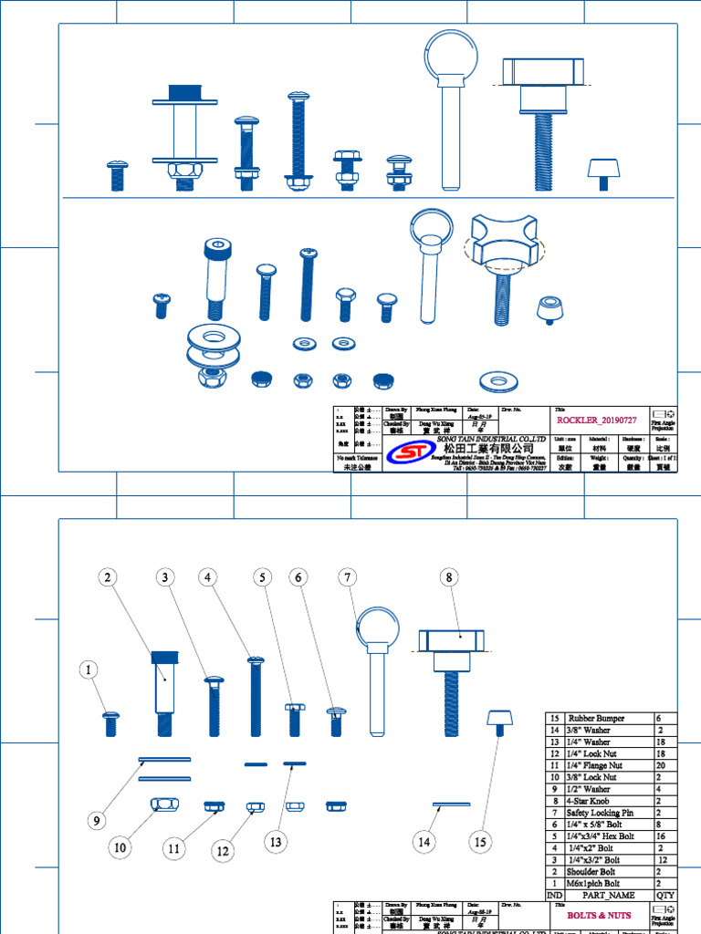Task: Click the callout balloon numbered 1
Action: click(x=89, y=670)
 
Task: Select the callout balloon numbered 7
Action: click(x=346, y=577)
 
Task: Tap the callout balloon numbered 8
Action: click(x=448, y=577)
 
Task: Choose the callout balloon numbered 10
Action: click(x=119, y=847)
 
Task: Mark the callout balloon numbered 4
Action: click(x=209, y=577)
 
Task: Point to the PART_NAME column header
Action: click(x=602, y=896)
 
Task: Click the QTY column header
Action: click(x=665, y=896)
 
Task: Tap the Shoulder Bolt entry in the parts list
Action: click(x=594, y=872)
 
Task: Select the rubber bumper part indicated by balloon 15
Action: click(x=497, y=721)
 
